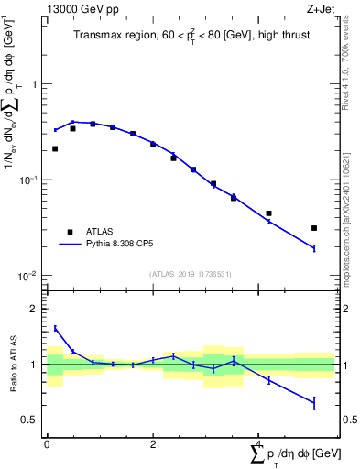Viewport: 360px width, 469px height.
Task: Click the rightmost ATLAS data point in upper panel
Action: (x=313, y=228)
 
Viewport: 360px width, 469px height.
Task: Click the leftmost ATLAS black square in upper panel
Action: (x=55, y=148)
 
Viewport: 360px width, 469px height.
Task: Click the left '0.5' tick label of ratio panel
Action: (x=30, y=420)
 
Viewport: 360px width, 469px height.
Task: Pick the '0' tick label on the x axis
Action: (x=47, y=444)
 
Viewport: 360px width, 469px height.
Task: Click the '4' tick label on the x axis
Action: (x=259, y=444)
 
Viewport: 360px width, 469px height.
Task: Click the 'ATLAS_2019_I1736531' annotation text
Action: (x=191, y=274)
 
